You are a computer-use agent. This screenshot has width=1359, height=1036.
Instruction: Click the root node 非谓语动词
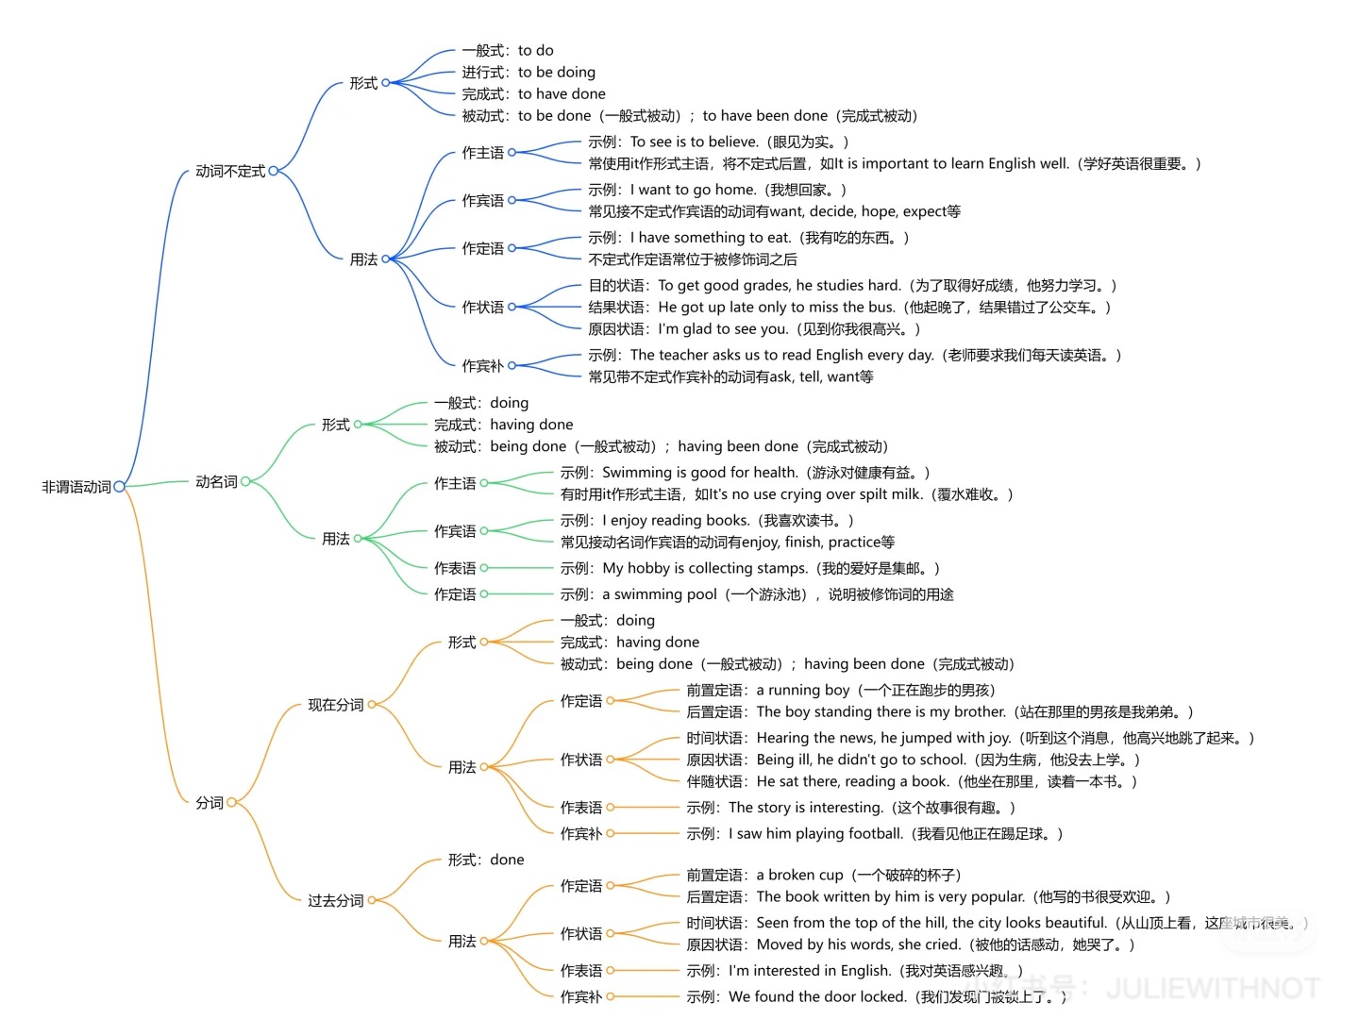click(76, 487)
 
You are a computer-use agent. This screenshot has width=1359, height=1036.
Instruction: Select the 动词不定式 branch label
click(230, 171)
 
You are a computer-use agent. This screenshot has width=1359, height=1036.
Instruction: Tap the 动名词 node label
click(216, 481)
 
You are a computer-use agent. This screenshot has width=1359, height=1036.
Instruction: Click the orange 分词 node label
click(210, 802)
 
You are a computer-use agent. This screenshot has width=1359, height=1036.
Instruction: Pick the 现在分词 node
click(335, 705)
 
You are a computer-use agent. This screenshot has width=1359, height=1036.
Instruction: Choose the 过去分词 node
click(335, 900)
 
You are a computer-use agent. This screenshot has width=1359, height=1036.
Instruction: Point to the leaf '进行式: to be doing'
click(528, 72)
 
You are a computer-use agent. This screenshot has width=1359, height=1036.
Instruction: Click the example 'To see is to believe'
click(718, 142)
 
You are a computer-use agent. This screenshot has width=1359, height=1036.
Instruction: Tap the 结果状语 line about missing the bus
click(849, 307)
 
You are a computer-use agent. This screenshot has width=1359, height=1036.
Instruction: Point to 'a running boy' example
click(840, 690)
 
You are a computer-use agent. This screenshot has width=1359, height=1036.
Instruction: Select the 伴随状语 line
click(912, 781)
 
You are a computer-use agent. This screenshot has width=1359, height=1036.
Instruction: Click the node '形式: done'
click(486, 860)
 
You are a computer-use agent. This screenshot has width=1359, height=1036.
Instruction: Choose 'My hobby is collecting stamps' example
click(750, 568)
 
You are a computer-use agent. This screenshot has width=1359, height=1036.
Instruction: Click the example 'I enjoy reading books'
click(707, 520)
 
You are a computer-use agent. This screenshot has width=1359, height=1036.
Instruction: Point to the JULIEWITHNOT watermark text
click(1212, 988)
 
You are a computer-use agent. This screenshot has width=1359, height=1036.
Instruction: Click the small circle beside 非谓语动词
click(120, 487)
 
